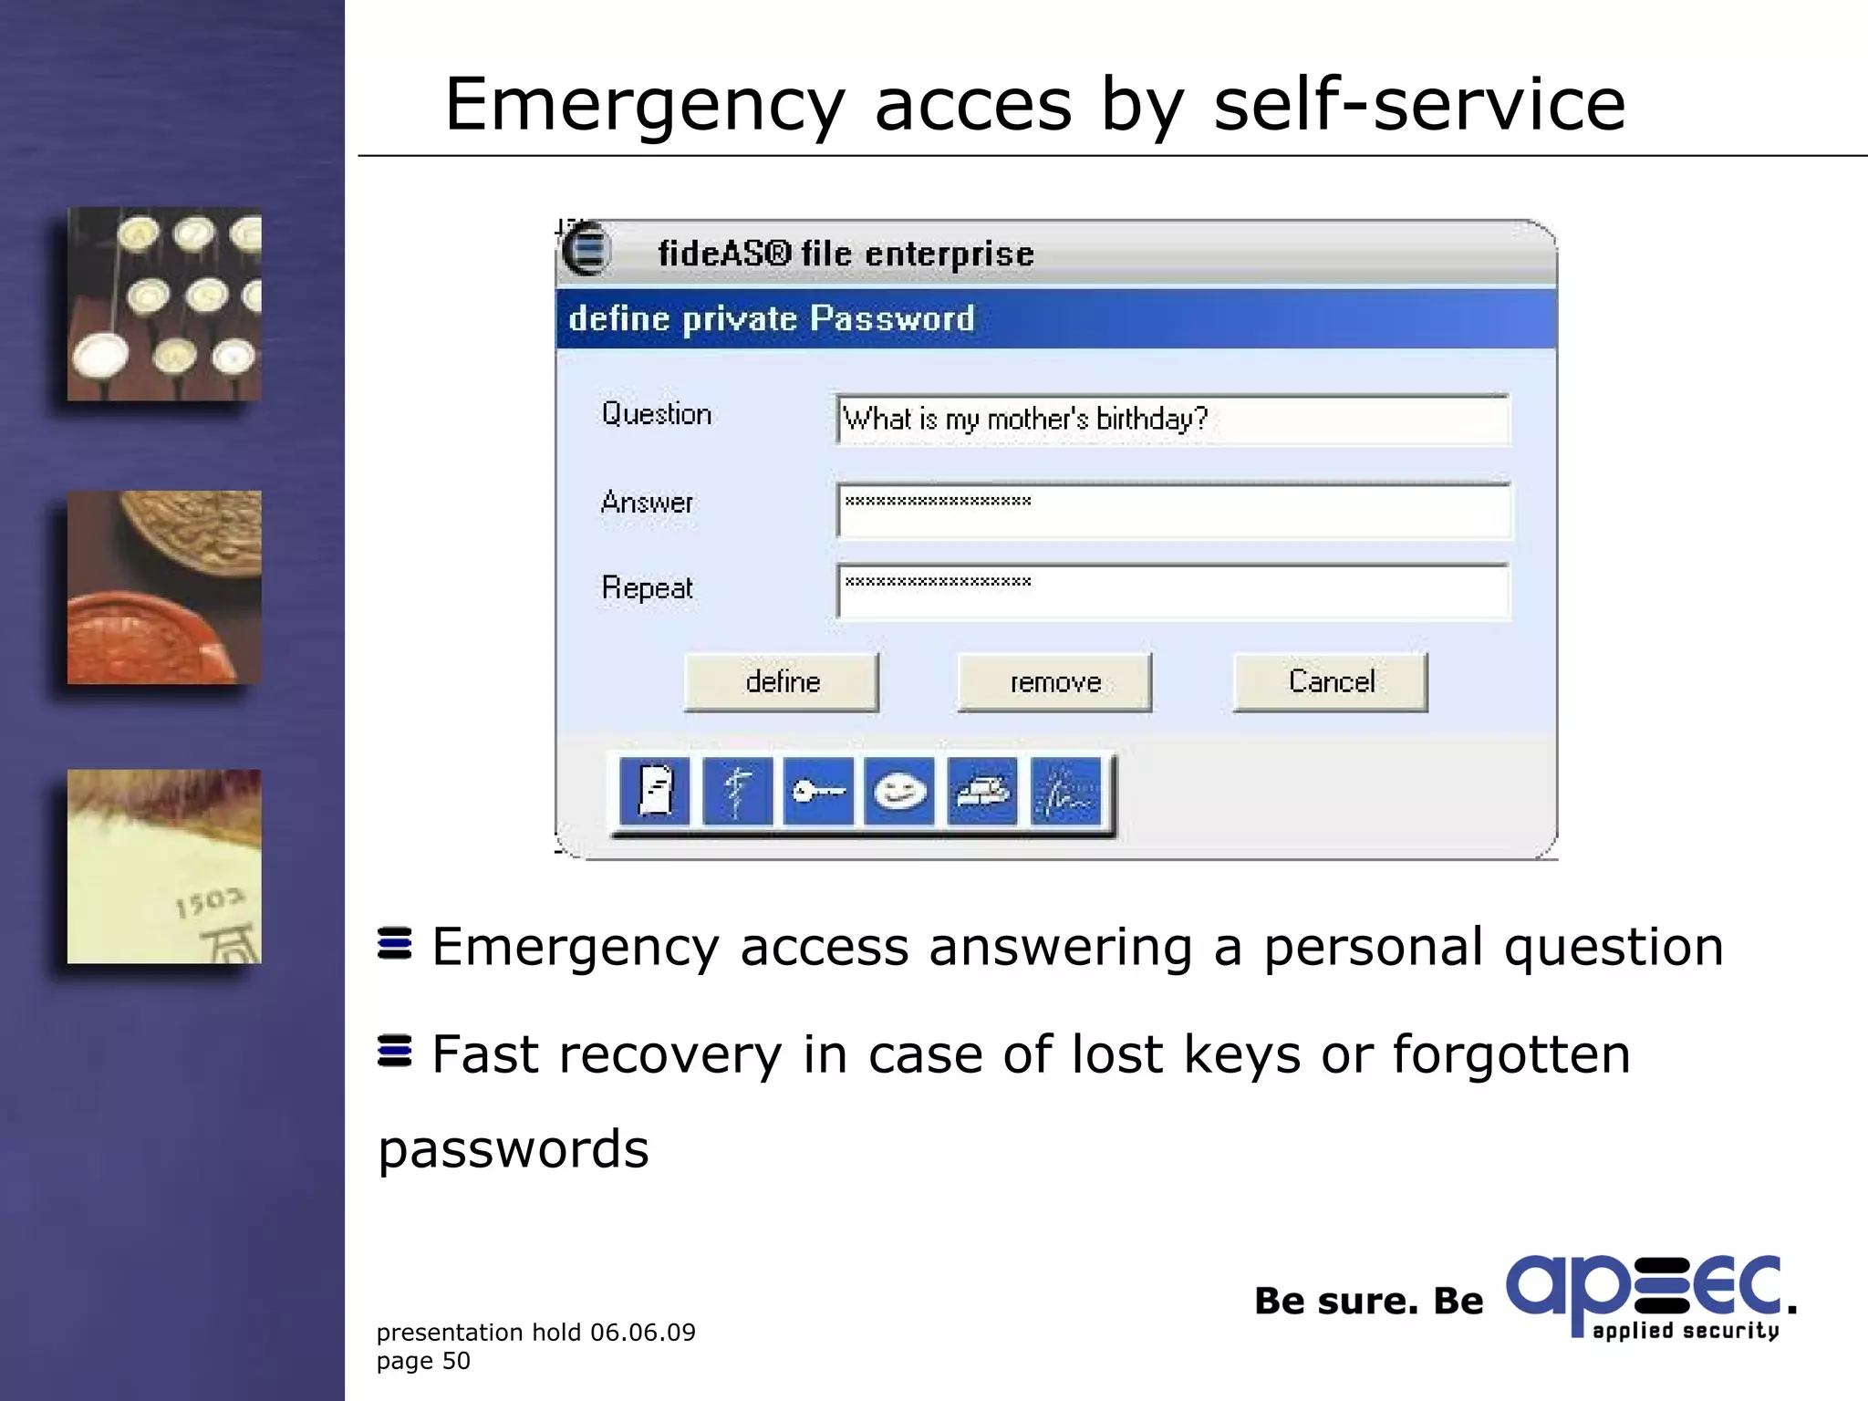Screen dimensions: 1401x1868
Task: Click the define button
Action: (782, 681)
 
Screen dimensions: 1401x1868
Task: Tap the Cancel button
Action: (1331, 681)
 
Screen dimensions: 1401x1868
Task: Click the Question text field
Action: (1173, 420)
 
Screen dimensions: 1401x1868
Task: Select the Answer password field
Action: (1173, 511)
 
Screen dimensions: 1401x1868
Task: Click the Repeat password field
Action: (1173, 591)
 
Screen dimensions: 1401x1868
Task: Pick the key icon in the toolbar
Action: (818, 791)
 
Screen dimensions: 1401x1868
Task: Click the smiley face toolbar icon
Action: (899, 791)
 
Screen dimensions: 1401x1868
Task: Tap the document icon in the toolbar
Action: (655, 791)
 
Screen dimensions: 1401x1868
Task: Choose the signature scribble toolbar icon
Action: (1065, 791)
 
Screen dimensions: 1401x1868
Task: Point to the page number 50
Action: (456, 1361)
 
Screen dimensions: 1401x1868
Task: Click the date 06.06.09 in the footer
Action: (642, 1333)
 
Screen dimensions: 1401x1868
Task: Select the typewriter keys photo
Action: (164, 304)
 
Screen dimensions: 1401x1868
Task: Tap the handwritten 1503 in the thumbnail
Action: (210, 903)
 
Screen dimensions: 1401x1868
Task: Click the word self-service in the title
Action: (1419, 104)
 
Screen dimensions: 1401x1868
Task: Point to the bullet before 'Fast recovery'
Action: (394, 1051)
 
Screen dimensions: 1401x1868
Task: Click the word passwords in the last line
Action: (514, 1149)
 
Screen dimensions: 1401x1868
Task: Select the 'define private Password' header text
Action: (772, 319)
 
